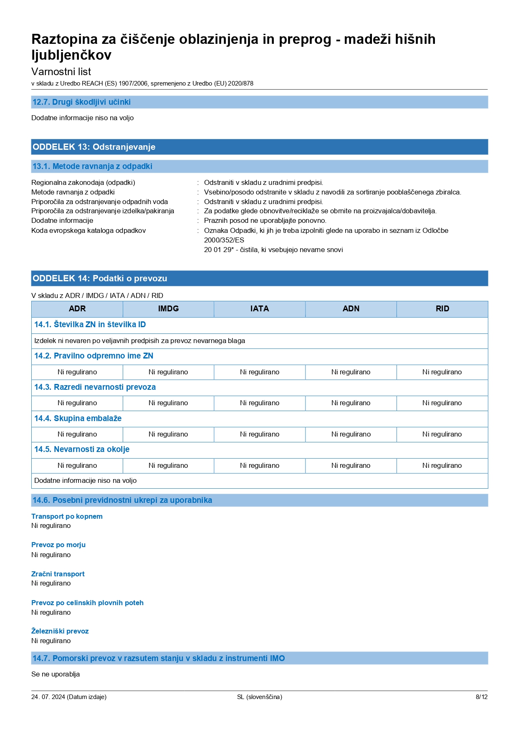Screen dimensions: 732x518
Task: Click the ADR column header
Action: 77,309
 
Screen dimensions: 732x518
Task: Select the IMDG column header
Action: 168,309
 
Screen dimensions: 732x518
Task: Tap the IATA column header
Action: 260,309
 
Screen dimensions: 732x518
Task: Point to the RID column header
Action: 442,309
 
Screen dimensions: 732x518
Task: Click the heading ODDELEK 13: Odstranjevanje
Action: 94,147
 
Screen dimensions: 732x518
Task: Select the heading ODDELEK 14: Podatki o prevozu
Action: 100,278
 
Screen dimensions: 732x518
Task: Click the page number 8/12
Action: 481,697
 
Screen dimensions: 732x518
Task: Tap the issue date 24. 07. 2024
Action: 48,697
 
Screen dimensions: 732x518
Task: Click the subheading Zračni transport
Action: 58,574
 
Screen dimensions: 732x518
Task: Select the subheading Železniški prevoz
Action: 60,631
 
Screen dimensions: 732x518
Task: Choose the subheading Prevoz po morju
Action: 58,545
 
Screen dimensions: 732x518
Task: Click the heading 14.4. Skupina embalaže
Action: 78,419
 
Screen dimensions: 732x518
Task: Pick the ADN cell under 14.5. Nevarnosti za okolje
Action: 351,466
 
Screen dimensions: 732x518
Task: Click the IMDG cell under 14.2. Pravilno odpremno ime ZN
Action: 168,372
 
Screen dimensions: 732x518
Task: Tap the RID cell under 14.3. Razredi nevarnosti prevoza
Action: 442,403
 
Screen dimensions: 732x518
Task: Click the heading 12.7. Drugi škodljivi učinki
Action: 81,102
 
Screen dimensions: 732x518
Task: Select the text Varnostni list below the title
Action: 61,72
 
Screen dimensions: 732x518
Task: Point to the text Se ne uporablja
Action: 56,674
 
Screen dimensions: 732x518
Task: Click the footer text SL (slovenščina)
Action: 259,697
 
